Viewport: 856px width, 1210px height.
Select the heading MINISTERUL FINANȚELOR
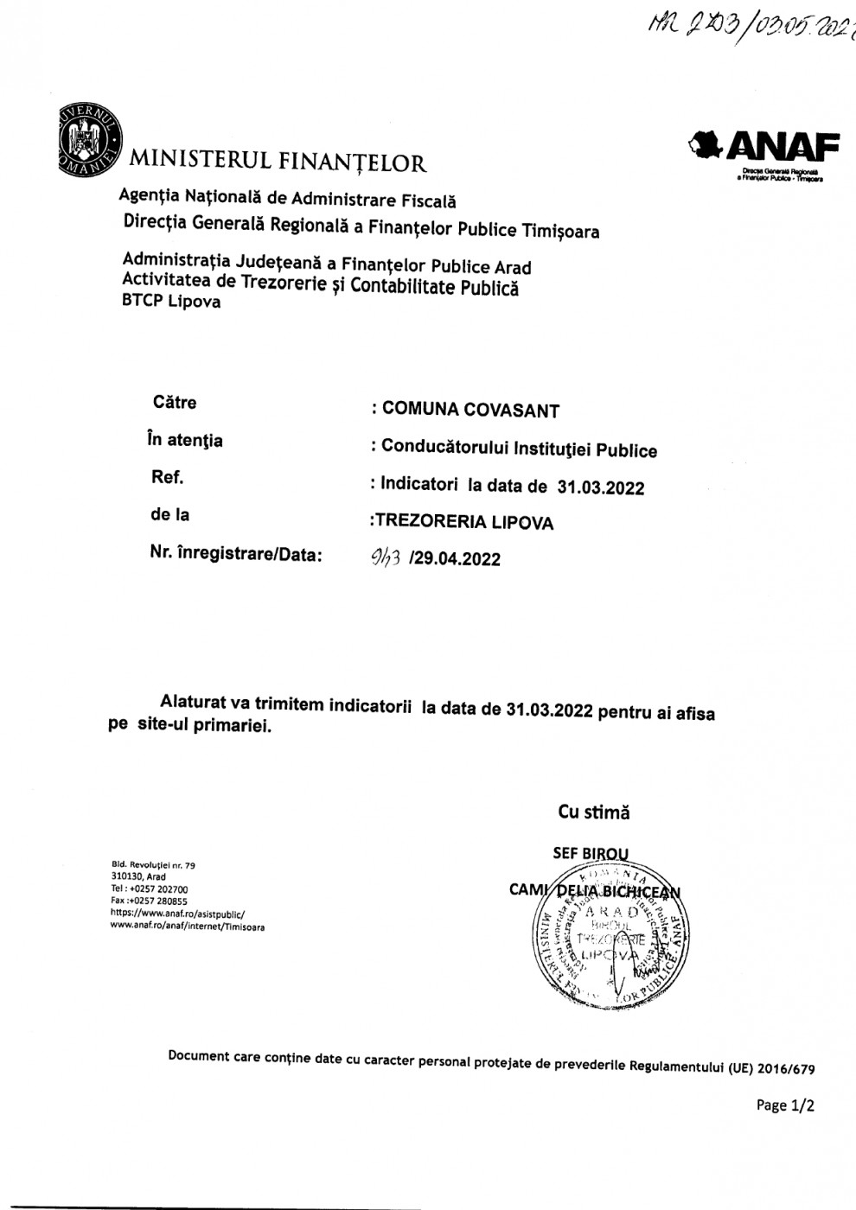(278, 162)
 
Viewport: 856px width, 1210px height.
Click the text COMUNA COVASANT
(470, 410)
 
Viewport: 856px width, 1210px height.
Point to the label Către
(174, 402)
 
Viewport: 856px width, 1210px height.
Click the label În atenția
(184, 440)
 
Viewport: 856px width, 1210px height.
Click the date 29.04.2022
(457, 558)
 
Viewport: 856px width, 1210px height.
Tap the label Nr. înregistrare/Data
(236, 554)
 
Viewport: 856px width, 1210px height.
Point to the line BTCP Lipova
(171, 302)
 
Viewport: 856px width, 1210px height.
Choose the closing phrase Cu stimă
(594, 812)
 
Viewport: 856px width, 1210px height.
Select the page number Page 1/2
(785, 1105)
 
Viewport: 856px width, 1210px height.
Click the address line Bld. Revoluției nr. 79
(154, 864)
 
